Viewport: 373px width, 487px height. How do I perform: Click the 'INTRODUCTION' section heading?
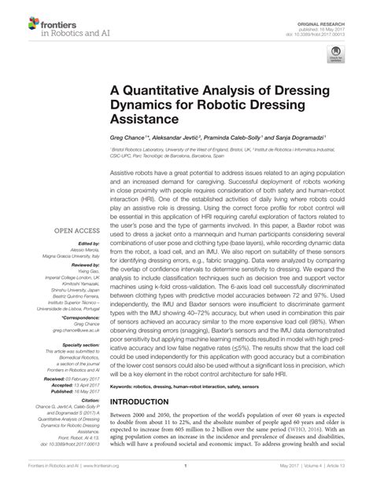coord(145,402)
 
